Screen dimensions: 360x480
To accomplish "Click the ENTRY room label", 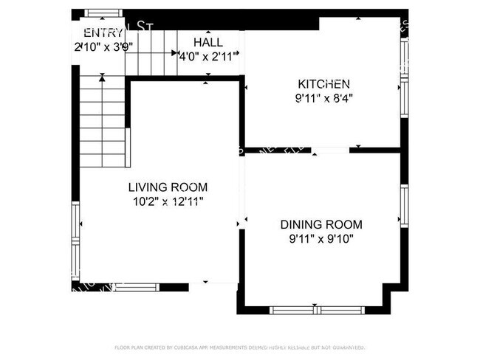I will [103, 32].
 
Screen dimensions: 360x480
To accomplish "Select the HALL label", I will [208, 42].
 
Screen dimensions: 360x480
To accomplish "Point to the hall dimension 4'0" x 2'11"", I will [208, 55].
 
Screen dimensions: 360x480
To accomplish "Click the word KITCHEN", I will [323, 84].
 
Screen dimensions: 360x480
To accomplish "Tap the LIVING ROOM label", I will [168, 187].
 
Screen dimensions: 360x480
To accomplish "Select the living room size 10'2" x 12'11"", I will [168, 200].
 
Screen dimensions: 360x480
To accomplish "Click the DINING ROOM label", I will [321, 224].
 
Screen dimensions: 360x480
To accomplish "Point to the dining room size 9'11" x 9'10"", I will [321, 238].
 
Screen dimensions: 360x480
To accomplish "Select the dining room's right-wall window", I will [404, 206].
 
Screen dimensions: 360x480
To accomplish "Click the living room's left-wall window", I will [75, 240].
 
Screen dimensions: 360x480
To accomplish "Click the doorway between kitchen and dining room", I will [330, 150].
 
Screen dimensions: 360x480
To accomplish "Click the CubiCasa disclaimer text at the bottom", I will [239, 347].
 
